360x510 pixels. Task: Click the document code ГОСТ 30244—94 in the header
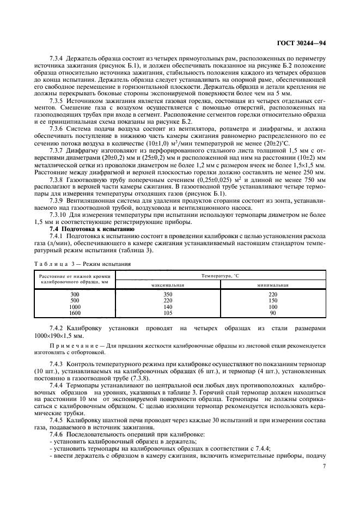302,42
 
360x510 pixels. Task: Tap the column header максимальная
168,284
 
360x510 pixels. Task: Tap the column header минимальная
272,284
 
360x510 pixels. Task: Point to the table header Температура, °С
220,276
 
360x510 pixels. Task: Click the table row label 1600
75,313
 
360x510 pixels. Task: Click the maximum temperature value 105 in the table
168,313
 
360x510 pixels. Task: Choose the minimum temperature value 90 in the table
272,313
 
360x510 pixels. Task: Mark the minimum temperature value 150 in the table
272,300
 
